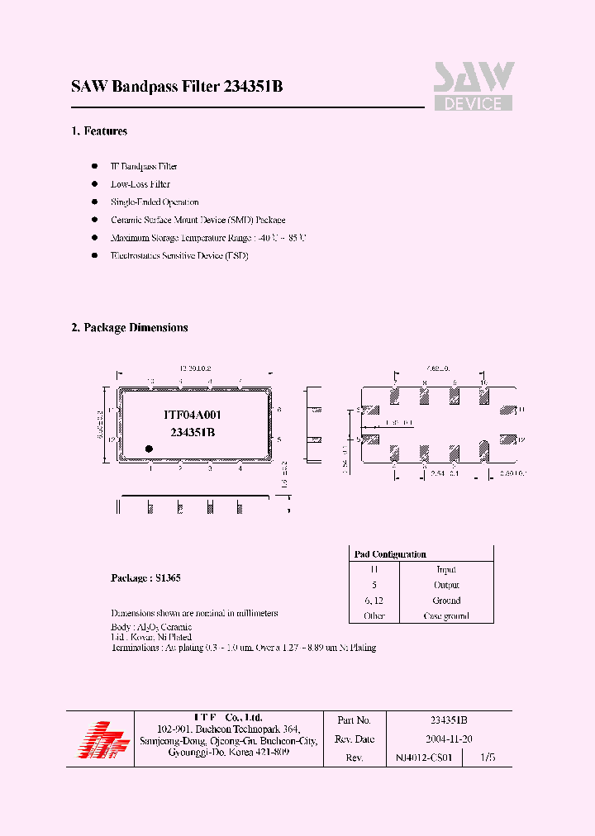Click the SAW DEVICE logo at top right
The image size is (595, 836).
[x=474, y=86]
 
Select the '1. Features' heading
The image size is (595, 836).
[x=99, y=131]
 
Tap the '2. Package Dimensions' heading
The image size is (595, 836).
[x=130, y=328]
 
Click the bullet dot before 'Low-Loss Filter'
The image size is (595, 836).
[x=94, y=184]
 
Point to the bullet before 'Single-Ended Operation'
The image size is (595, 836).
[x=94, y=202]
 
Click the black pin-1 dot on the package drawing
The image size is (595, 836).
[x=150, y=449]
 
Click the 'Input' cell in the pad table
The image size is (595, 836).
[x=446, y=569]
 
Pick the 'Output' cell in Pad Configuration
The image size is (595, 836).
[x=446, y=585]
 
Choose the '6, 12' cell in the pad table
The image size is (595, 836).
[x=374, y=601]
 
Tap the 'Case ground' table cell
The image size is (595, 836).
[x=446, y=616]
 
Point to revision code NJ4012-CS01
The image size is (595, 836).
[x=424, y=758]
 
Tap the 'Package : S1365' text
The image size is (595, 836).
[x=145, y=578]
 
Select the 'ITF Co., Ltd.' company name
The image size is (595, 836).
[x=228, y=717]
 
